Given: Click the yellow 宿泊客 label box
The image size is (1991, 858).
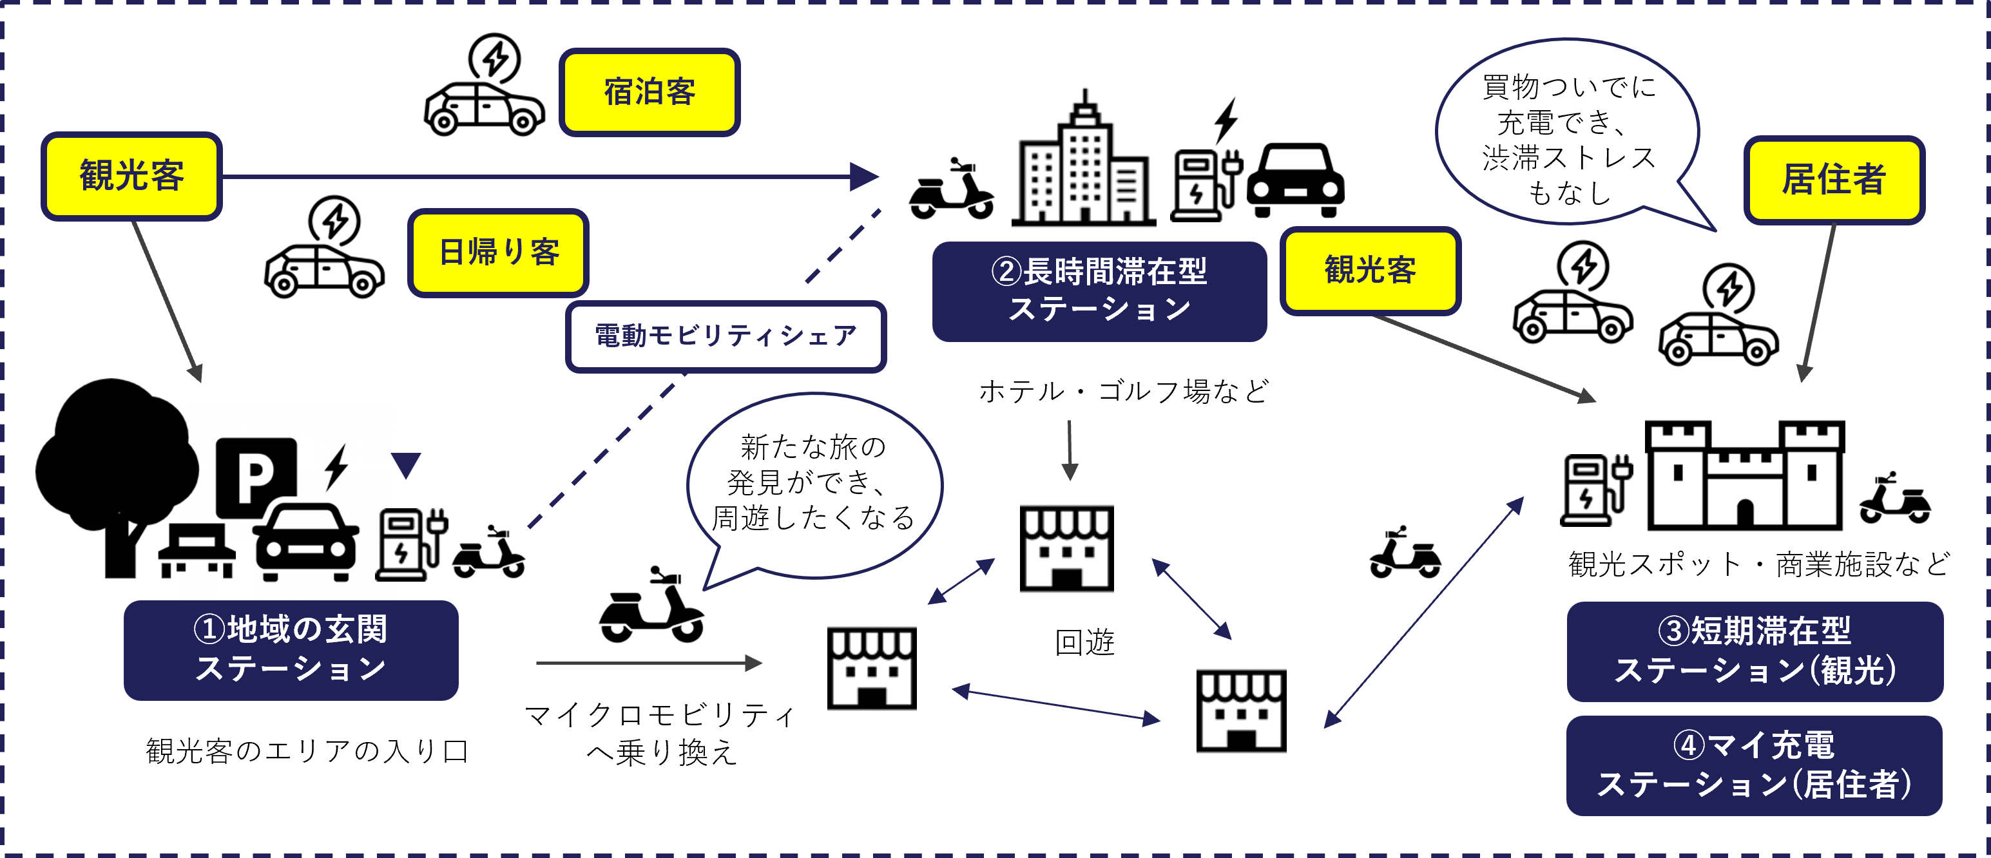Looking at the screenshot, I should click(x=649, y=92).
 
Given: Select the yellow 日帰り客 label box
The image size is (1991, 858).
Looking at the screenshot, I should click(x=499, y=252).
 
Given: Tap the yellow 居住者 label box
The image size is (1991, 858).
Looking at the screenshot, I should click(x=1833, y=179).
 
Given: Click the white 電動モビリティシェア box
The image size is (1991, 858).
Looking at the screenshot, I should click(x=725, y=336).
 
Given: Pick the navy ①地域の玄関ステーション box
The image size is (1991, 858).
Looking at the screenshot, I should click(x=291, y=649).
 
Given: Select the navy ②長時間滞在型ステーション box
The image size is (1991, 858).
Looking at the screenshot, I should click(x=1099, y=291).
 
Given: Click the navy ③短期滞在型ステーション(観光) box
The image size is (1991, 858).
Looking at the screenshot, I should click(x=1755, y=651).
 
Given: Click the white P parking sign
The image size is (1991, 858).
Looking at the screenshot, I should click(x=256, y=477).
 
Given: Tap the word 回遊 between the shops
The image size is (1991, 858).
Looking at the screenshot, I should click(x=1084, y=642).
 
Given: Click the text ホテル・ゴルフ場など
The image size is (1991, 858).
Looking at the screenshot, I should click(x=1123, y=391).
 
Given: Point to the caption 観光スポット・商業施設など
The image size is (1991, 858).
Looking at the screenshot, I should click(x=1758, y=564).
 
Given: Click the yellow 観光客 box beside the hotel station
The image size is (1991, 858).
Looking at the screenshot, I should click(x=1370, y=271).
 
